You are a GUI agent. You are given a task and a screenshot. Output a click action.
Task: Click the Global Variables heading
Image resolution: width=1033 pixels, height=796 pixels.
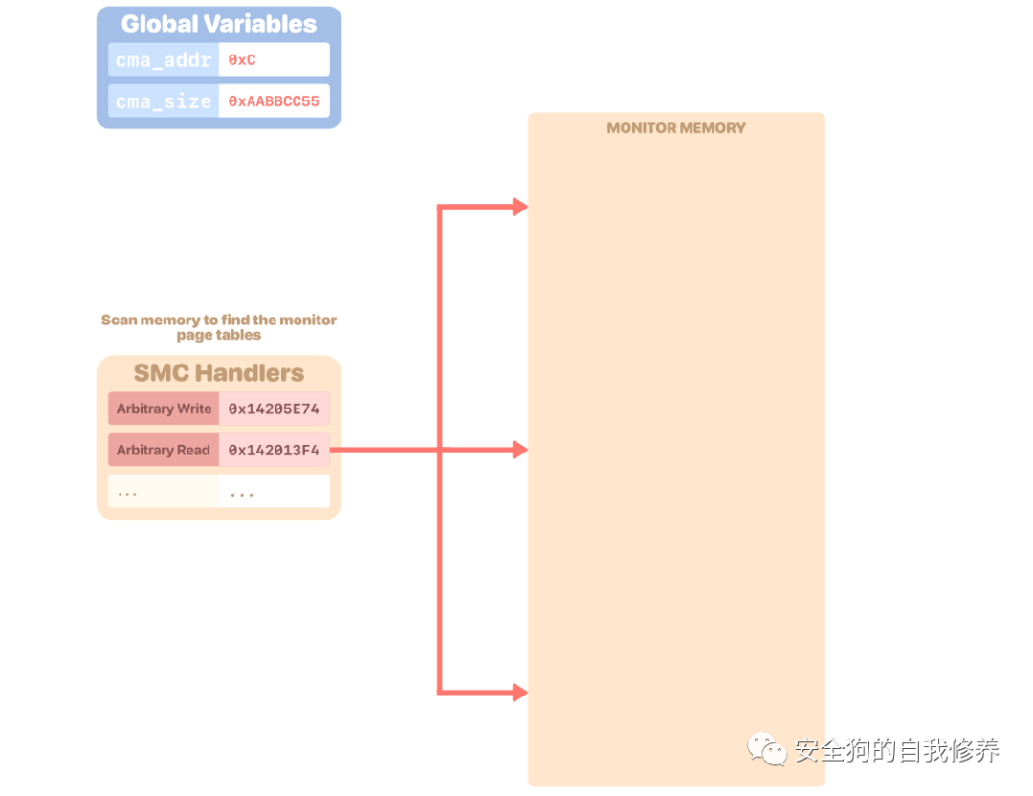pyautogui.click(x=218, y=24)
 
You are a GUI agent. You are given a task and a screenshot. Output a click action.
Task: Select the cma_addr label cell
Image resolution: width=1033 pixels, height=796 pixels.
pyautogui.click(x=163, y=59)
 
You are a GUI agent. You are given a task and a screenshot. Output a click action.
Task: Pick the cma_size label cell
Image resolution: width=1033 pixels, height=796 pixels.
pyautogui.click(x=163, y=100)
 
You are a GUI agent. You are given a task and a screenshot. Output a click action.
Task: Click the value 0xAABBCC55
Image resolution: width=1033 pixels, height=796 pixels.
pyautogui.click(x=274, y=100)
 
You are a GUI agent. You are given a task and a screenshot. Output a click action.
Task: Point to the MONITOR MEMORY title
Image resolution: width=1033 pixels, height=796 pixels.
pyautogui.click(x=676, y=128)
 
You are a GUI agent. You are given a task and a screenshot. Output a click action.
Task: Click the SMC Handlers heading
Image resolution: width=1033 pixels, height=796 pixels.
pyautogui.click(x=218, y=373)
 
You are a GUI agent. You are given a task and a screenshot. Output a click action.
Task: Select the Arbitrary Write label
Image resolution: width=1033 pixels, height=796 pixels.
pyautogui.click(x=164, y=409)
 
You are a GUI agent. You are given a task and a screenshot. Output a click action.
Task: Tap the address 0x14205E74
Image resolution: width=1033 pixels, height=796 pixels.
pyautogui.click(x=274, y=409)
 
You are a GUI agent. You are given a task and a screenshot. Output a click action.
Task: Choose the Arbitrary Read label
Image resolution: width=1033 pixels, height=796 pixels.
pyautogui.click(x=164, y=450)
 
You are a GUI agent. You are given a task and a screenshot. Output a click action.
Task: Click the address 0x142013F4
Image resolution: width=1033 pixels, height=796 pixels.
pyautogui.click(x=274, y=450)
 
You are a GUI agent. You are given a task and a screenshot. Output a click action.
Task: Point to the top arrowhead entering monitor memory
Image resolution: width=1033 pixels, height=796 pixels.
pyautogui.click(x=520, y=207)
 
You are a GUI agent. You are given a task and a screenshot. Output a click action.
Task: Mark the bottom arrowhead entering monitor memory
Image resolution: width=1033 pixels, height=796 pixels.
pyautogui.click(x=520, y=692)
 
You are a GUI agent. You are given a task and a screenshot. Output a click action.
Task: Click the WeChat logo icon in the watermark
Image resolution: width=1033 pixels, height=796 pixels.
pyautogui.click(x=768, y=749)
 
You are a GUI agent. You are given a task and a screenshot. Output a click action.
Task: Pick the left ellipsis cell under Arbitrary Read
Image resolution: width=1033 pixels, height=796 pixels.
pyautogui.click(x=164, y=492)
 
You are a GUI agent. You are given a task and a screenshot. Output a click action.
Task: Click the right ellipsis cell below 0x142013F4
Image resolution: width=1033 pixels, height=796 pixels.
pyautogui.click(x=274, y=492)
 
